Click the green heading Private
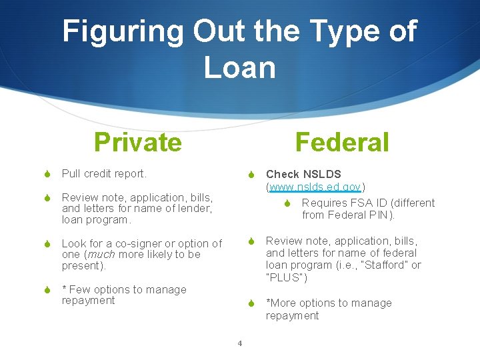tap(137, 142)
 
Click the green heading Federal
tap(341, 142)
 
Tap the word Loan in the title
tap(239, 67)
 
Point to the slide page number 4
tap(239, 344)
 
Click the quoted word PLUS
tap(287, 277)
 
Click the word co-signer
tap(149, 243)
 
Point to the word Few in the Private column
tap(80, 289)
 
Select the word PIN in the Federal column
tap(383, 215)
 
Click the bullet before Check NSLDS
tap(251, 175)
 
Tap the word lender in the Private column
tap(194, 208)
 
